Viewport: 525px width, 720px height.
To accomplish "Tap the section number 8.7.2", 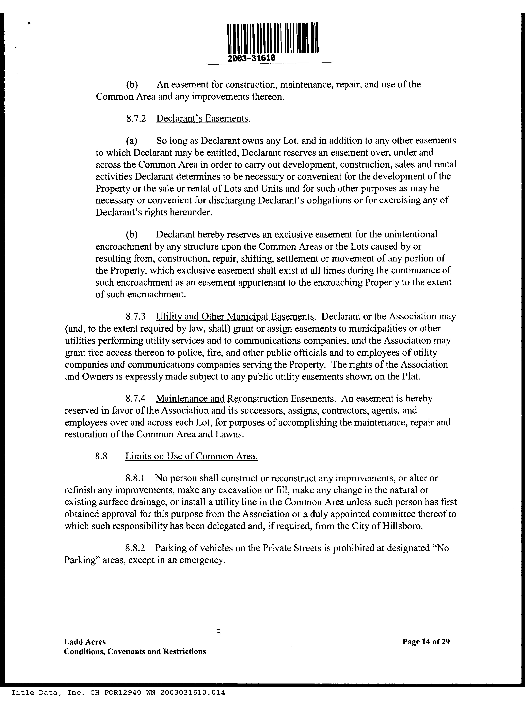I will [136, 119].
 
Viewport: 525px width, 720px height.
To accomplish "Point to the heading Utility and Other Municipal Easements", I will [235, 317].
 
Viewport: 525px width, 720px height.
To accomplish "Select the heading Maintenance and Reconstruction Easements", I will [245, 399].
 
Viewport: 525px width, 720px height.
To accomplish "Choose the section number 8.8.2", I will [136, 548].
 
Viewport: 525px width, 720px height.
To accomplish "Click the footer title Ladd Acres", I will [85, 642].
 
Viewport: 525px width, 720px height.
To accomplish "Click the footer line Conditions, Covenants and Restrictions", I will [135, 652].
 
